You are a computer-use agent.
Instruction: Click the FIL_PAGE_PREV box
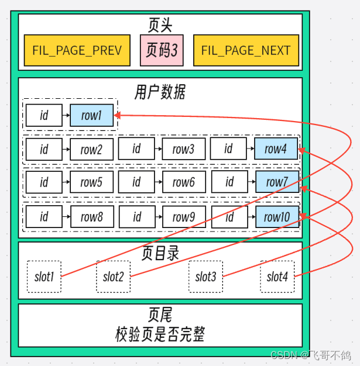[77, 50]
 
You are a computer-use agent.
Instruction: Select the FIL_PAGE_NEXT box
[245, 50]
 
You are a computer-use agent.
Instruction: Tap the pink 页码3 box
[162, 50]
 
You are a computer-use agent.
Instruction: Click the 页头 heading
[160, 25]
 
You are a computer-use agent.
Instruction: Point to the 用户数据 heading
[160, 91]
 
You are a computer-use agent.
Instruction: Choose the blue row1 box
[91, 115]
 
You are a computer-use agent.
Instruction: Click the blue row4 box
[276, 149]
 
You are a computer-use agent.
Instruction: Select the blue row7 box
[277, 182]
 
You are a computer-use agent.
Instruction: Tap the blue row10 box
[277, 217]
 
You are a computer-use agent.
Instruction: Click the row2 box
[91, 149]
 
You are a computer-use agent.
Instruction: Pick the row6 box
[184, 182]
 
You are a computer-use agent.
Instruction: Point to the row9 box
[184, 217]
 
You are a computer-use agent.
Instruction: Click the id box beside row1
[44, 115]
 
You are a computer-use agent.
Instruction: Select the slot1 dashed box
[44, 277]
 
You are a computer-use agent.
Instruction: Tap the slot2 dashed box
[114, 277]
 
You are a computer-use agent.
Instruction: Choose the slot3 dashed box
[206, 277]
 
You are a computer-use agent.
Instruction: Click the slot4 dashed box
[277, 277]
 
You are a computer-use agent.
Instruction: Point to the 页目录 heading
[160, 253]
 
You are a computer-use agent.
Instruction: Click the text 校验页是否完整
[160, 334]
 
